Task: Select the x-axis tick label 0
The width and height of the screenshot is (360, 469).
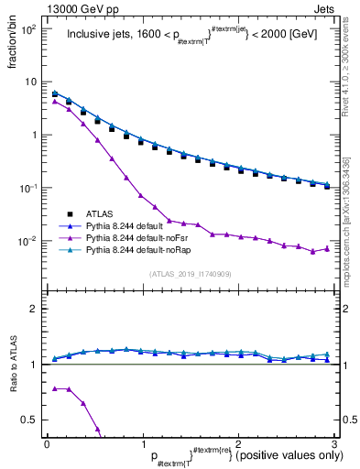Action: point(47,443)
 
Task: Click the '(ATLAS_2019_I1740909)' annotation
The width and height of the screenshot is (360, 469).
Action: point(189,274)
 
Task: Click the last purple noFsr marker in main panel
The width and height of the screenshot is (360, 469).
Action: point(327,248)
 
